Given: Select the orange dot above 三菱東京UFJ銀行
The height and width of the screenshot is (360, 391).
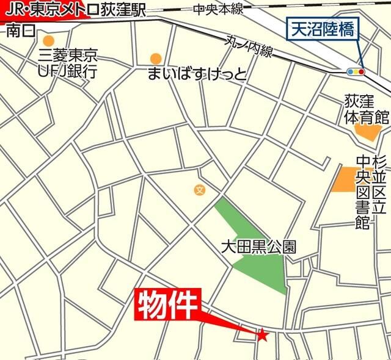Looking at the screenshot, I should [x=48, y=40].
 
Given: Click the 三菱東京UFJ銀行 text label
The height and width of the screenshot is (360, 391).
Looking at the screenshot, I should [x=68, y=63].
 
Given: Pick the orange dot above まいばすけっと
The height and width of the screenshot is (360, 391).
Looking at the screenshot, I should [x=156, y=59].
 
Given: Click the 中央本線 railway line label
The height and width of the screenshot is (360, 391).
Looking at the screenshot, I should [x=218, y=9].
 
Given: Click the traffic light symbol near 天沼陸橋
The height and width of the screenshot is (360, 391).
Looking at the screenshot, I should [x=355, y=71].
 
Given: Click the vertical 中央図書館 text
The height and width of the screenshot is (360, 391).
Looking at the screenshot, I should [x=364, y=189].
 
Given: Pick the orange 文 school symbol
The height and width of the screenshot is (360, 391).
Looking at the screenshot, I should [x=199, y=190].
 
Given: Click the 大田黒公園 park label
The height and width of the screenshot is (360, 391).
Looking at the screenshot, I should [x=258, y=247].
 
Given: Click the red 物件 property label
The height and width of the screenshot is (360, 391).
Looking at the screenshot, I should [x=167, y=303].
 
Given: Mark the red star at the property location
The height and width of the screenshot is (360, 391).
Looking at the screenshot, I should [x=263, y=334].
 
